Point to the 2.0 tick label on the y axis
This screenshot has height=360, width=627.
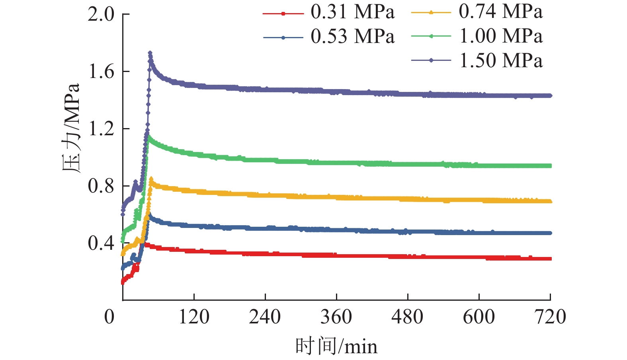101,15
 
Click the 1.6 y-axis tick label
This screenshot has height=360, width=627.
101,72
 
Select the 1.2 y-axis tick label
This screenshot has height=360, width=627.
101,129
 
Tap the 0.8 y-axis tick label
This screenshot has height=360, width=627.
101,186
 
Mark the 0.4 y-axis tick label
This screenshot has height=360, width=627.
101,243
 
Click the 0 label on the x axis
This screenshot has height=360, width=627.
109,317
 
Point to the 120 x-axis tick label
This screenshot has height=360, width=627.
194,317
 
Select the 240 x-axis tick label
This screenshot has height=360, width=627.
265,317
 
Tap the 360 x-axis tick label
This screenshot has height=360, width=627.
336,317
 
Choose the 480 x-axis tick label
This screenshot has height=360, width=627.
408,317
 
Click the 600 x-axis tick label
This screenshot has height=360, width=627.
479,317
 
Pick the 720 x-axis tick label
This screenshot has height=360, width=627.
550,317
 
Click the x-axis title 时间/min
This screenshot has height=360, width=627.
336,346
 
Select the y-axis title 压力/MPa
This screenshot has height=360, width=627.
72,128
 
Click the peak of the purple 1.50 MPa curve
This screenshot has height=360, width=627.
150,53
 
